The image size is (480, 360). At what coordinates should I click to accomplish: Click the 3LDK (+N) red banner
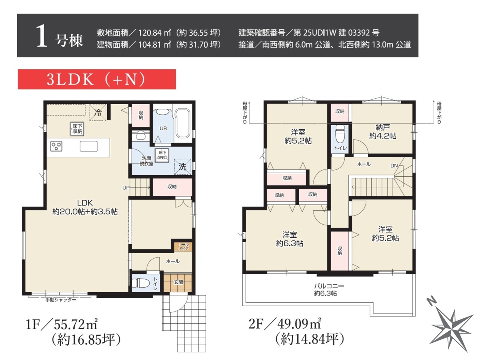pos(97,79)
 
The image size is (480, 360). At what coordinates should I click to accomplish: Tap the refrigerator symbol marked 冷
pos(98,112)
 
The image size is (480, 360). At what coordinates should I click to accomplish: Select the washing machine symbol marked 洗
pos(182,166)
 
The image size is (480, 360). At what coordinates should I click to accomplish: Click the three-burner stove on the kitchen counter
pos(56,146)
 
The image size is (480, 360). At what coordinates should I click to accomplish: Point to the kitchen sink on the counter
pos(88,146)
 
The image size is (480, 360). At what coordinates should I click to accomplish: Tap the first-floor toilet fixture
pos(140,283)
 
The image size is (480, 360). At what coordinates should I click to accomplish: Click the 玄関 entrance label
pos(178,282)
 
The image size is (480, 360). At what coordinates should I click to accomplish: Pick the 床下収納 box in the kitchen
pos(77,129)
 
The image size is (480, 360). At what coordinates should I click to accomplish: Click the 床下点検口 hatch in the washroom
pos(162,155)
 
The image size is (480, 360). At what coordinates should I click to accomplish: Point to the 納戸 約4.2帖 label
pos(383,132)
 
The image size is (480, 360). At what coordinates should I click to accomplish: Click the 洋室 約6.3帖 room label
pos(289,239)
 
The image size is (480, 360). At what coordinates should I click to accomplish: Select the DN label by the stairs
pos(394,166)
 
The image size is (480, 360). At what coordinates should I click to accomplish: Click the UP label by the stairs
pos(126,187)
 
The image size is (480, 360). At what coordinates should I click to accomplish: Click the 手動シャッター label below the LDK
pos(61,300)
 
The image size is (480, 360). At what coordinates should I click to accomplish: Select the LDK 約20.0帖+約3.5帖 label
pos(85,207)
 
